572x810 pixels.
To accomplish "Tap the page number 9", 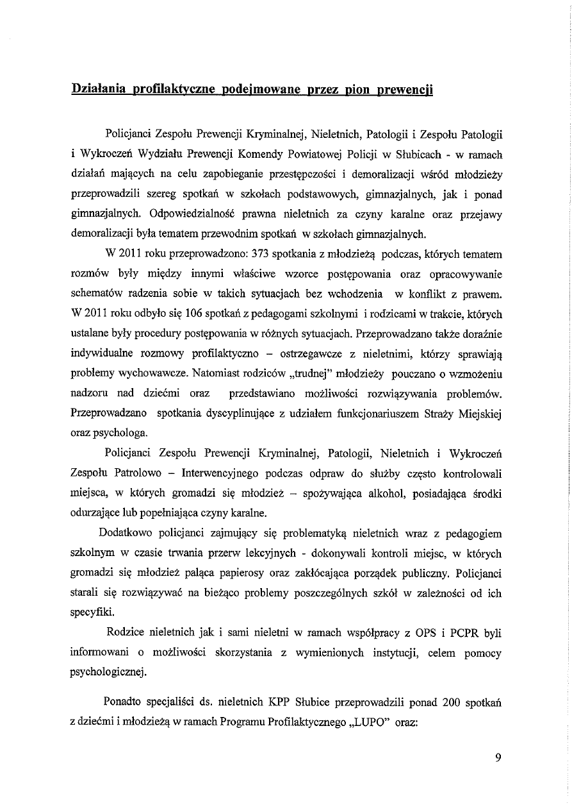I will [x=498, y=757].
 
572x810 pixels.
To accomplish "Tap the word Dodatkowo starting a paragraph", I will [x=126, y=533].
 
